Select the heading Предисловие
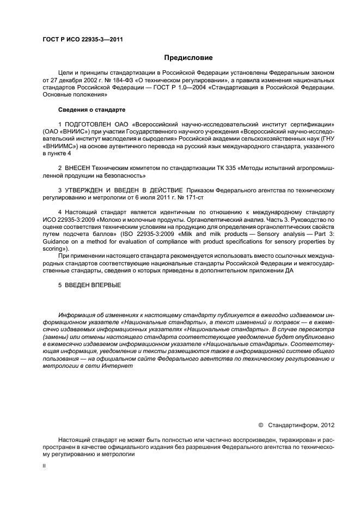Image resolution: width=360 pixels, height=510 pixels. tap(188, 58)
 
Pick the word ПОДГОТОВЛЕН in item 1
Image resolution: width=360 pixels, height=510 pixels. tap(86, 125)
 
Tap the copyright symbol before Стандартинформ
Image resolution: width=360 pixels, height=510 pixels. tap(260, 424)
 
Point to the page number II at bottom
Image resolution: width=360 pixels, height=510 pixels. tap(45, 466)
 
